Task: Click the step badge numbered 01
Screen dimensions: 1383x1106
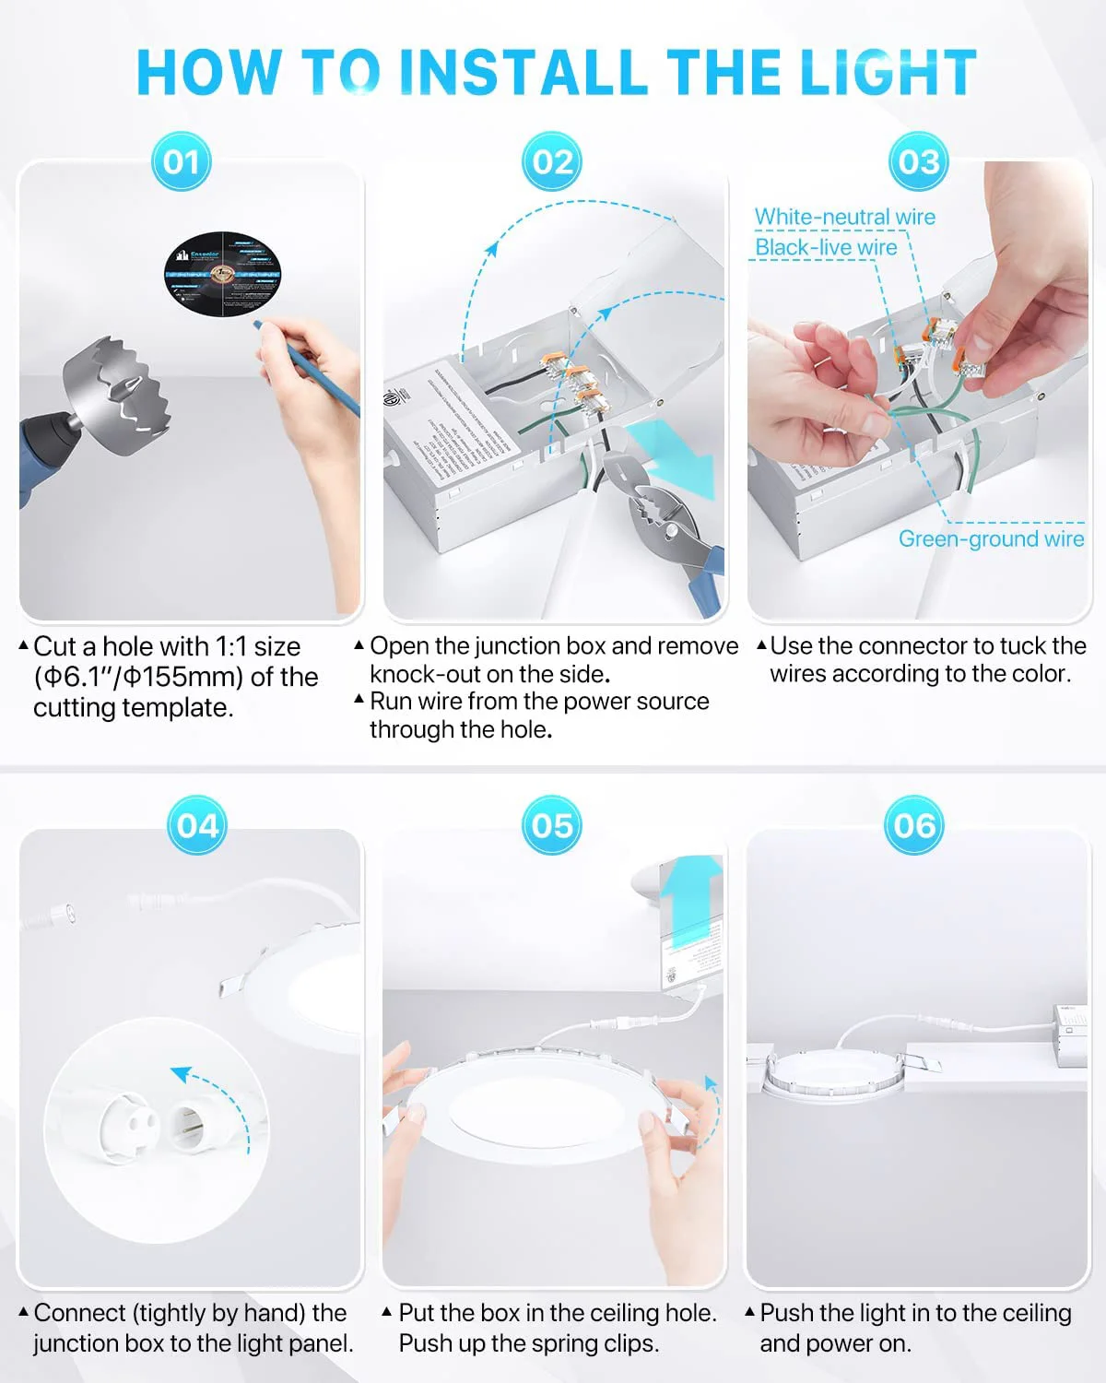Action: pos(182,162)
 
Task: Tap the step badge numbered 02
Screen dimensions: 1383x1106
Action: pos(552,162)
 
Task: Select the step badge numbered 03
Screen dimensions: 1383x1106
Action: pos(918,162)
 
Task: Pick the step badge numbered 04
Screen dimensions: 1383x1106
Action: pos(197,825)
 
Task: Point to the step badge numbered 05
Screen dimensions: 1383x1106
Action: pos(552,825)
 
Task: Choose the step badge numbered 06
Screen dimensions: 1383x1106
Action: pos(913,825)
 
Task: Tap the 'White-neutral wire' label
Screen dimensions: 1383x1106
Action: pos(844,217)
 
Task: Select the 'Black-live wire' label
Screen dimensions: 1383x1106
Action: pos(826,247)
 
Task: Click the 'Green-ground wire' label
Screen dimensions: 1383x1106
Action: pos(991,538)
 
